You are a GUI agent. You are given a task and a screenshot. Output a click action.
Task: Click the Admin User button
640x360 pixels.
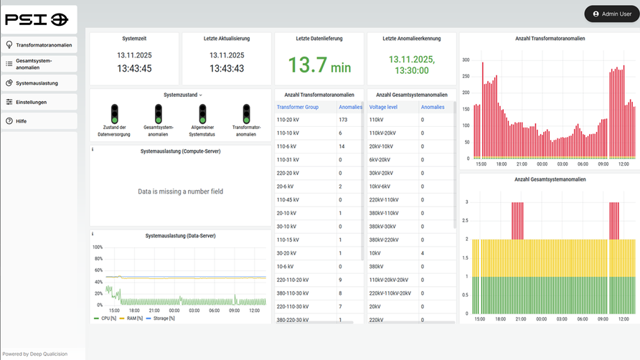click(611, 14)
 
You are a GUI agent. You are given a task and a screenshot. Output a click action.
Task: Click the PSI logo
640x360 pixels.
click(37, 19)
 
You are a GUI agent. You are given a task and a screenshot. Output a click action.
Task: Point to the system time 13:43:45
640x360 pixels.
click(135, 69)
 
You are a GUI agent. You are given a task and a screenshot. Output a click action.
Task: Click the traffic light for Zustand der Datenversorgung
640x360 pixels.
click(114, 113)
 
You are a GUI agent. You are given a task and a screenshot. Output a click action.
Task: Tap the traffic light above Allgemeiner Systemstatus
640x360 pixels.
click(202, 113)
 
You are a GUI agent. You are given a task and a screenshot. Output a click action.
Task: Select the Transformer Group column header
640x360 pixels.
click(298, 107)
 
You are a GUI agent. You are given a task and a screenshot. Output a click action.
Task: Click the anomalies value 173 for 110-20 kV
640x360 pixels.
click(343, 120)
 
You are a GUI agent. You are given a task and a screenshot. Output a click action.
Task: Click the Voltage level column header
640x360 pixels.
click(386, 107)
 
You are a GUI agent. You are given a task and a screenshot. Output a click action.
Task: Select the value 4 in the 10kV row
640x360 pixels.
click(423, 253)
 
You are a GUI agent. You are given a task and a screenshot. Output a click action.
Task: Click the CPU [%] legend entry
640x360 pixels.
click(106, 318)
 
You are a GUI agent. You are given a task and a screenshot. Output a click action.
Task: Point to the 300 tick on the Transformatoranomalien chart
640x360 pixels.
click(466, 61)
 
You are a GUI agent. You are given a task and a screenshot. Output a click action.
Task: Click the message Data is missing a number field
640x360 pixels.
click(180, 191)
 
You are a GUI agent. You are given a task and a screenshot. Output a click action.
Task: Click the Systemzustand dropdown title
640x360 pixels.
click(182, 95)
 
